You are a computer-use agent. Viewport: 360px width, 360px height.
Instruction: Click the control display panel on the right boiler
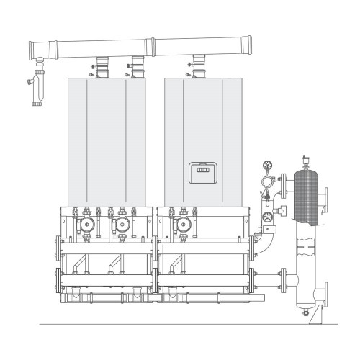201,171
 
